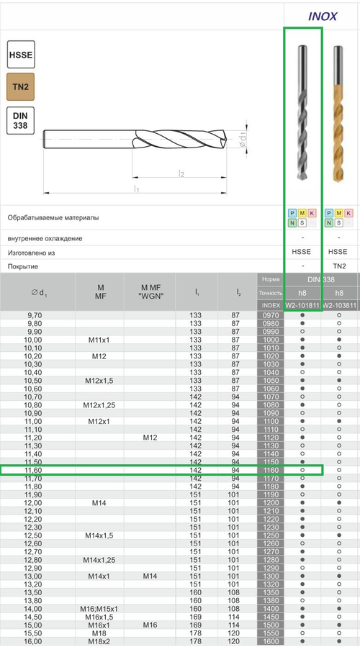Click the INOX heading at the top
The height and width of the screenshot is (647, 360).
pos(322,17)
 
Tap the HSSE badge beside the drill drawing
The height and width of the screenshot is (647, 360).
pos(20,55)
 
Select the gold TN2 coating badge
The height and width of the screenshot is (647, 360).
pos(20,87)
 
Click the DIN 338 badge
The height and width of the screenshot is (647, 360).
pos(20,120)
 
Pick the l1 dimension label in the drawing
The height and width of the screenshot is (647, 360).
pos(136,189)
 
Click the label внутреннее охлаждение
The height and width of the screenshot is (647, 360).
pos(55,238)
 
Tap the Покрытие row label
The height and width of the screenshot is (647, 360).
pos(24,266)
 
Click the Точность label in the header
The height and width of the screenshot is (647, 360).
pos(270,292)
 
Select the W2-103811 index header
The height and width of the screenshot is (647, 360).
pos(341,305)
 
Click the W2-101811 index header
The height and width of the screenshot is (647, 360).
pos(302,305)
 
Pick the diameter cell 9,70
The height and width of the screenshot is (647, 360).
pos(34,315)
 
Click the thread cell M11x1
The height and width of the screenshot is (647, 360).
pos(100,340)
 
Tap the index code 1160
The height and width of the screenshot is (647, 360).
pos(271,470)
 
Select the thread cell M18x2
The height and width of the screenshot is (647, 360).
pos(100,641)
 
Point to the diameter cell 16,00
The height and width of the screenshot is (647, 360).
pos(34,641)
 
